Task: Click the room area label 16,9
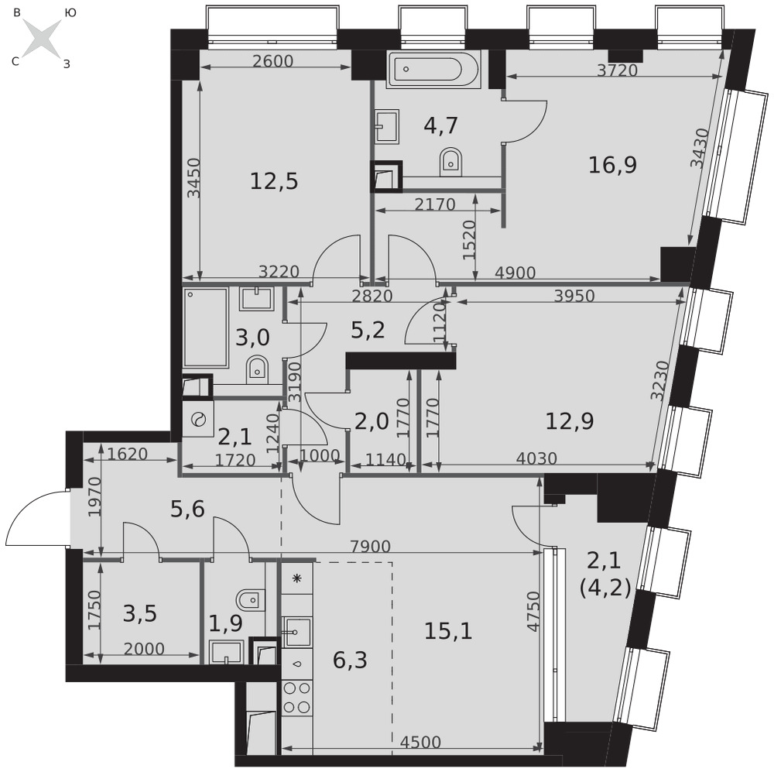(612, 165)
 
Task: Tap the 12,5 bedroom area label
(274, 181)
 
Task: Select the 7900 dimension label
(370, 546)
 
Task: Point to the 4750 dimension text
(533, 611)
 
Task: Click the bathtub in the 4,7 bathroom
(433, 70)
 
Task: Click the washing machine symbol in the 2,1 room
(198, 420)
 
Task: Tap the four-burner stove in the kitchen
(297, 698)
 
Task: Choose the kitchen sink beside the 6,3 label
(296, 632)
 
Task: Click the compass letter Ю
(70, 13)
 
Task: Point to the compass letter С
(15, 62)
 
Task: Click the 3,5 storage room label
(139, 614)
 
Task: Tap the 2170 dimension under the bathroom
(434, 204)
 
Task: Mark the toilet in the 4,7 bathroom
(450, 161)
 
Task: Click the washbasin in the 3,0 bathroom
(256, 299)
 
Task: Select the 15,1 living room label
(448, 631)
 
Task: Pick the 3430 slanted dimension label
(700, 148)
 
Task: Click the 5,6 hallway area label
(187, 509)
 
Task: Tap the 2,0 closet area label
(372, 422)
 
